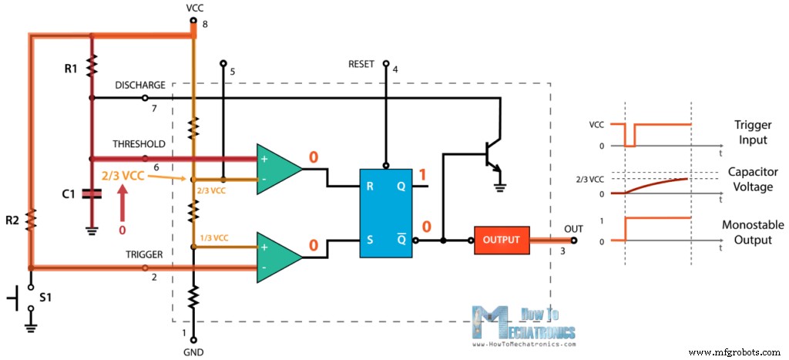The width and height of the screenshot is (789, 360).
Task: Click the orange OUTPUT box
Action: (502, 240)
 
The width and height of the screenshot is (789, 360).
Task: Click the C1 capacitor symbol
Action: (92, 193)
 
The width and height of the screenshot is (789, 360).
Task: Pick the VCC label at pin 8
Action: (195, 8)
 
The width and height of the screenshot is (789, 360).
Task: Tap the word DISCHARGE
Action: (138, 84)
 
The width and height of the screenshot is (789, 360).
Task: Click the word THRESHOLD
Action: (139, 143)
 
